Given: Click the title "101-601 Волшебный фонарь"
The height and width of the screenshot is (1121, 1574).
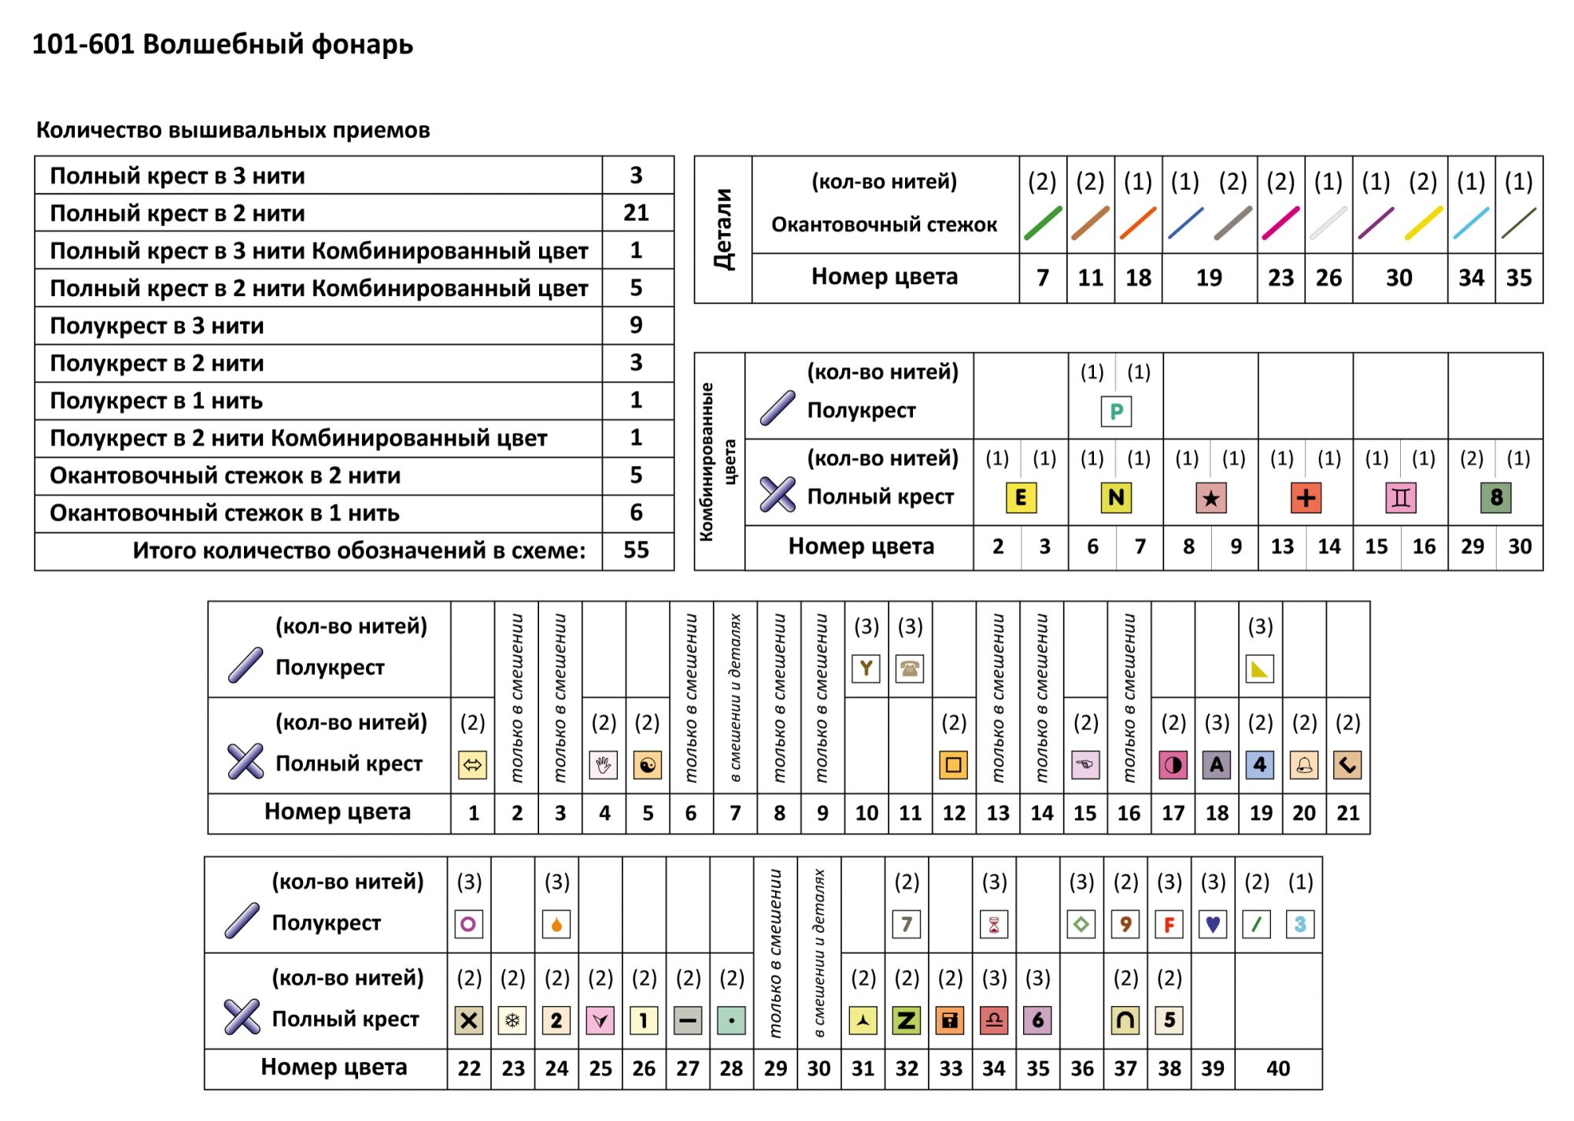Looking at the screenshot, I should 222,45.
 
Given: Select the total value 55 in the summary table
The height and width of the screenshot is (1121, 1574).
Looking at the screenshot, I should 636,550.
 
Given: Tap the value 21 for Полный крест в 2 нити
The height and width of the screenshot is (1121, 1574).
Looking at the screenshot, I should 636,213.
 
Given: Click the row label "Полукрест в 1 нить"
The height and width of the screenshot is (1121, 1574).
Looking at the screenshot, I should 156,401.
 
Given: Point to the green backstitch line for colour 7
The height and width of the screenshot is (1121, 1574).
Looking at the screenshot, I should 1043,224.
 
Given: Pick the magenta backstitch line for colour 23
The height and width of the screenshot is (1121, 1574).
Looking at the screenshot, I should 1280,224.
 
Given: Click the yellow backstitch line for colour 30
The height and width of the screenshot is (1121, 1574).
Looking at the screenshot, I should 1424,224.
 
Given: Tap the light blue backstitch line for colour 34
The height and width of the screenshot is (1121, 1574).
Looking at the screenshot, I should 1471,224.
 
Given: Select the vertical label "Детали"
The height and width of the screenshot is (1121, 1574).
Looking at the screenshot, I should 723,229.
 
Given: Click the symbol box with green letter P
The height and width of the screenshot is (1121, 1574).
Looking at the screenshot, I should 1116,412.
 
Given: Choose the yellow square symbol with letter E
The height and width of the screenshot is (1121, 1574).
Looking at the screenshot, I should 1021,498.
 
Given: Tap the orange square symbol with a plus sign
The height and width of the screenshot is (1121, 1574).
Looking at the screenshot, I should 1306,498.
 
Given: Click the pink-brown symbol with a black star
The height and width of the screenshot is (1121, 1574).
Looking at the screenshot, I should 1210,498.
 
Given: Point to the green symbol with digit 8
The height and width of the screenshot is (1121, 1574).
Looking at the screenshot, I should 1495,498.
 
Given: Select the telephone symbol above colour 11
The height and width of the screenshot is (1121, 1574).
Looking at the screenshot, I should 910,669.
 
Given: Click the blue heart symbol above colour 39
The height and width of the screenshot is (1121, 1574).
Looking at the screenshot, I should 1213,924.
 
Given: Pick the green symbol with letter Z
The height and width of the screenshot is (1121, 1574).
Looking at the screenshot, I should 907,1021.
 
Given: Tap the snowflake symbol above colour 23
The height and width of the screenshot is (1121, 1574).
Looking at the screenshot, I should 513,1021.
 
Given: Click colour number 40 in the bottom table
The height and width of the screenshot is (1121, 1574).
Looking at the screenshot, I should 1278,1068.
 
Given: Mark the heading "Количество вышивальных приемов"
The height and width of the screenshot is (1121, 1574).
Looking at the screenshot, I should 233,130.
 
